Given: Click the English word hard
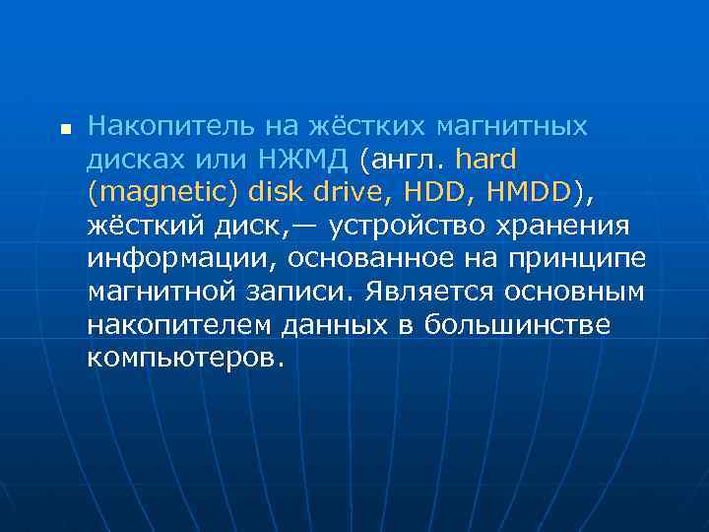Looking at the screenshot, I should pyautogui.click(x=485, y=159).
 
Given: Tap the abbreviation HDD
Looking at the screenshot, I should pyautogui.click(x=433, y=191).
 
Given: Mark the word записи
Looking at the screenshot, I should pyautogui.click(x=304, y=292).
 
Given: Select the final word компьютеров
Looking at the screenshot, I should pyautogui.click(x=185, y=358).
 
